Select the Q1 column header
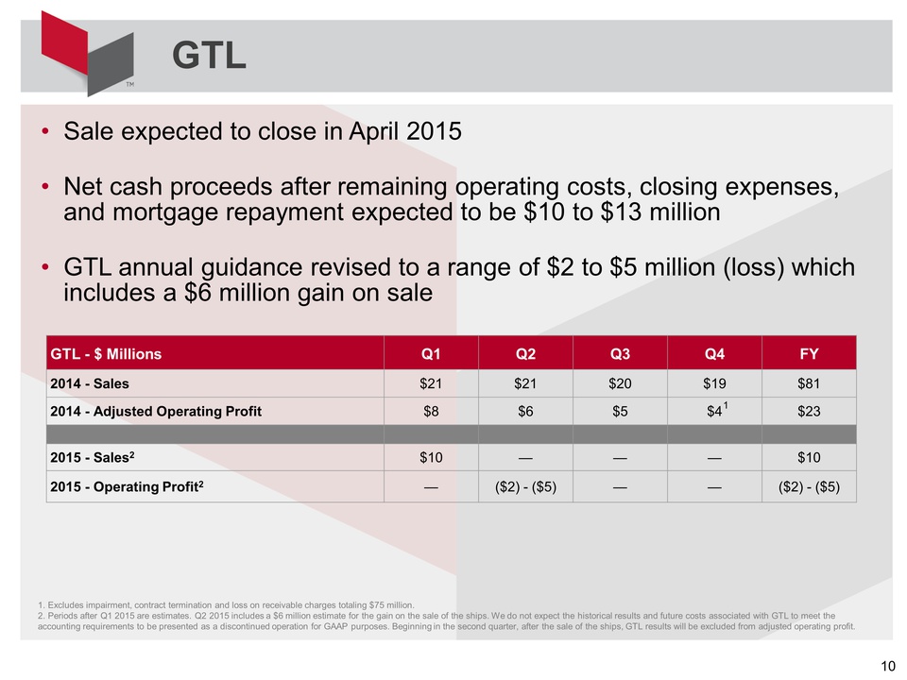pyautogui.click(x=431, y=355)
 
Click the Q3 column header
pyautogui.click(x=620, y=355)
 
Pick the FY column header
pyautogui.click(x=808, y=355)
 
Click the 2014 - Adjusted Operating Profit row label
pyautogui.click(x=156, y=411)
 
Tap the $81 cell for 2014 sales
pyautogui.click(x=808, y=384)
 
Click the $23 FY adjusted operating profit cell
pyautogui.click(x=808, y=411)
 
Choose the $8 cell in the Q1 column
pyautogui.click(x=431, y=411)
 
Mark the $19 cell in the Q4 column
pyautogui.click(x=714, y=384)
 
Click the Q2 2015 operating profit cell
pyautogui.click(x=525, y=486)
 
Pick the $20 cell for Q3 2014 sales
pyautogui.click(x=620, y=384)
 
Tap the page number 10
pyautogui.click(x=887, y=667)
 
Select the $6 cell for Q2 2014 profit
pyautogui.click(x=525, y=411)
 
